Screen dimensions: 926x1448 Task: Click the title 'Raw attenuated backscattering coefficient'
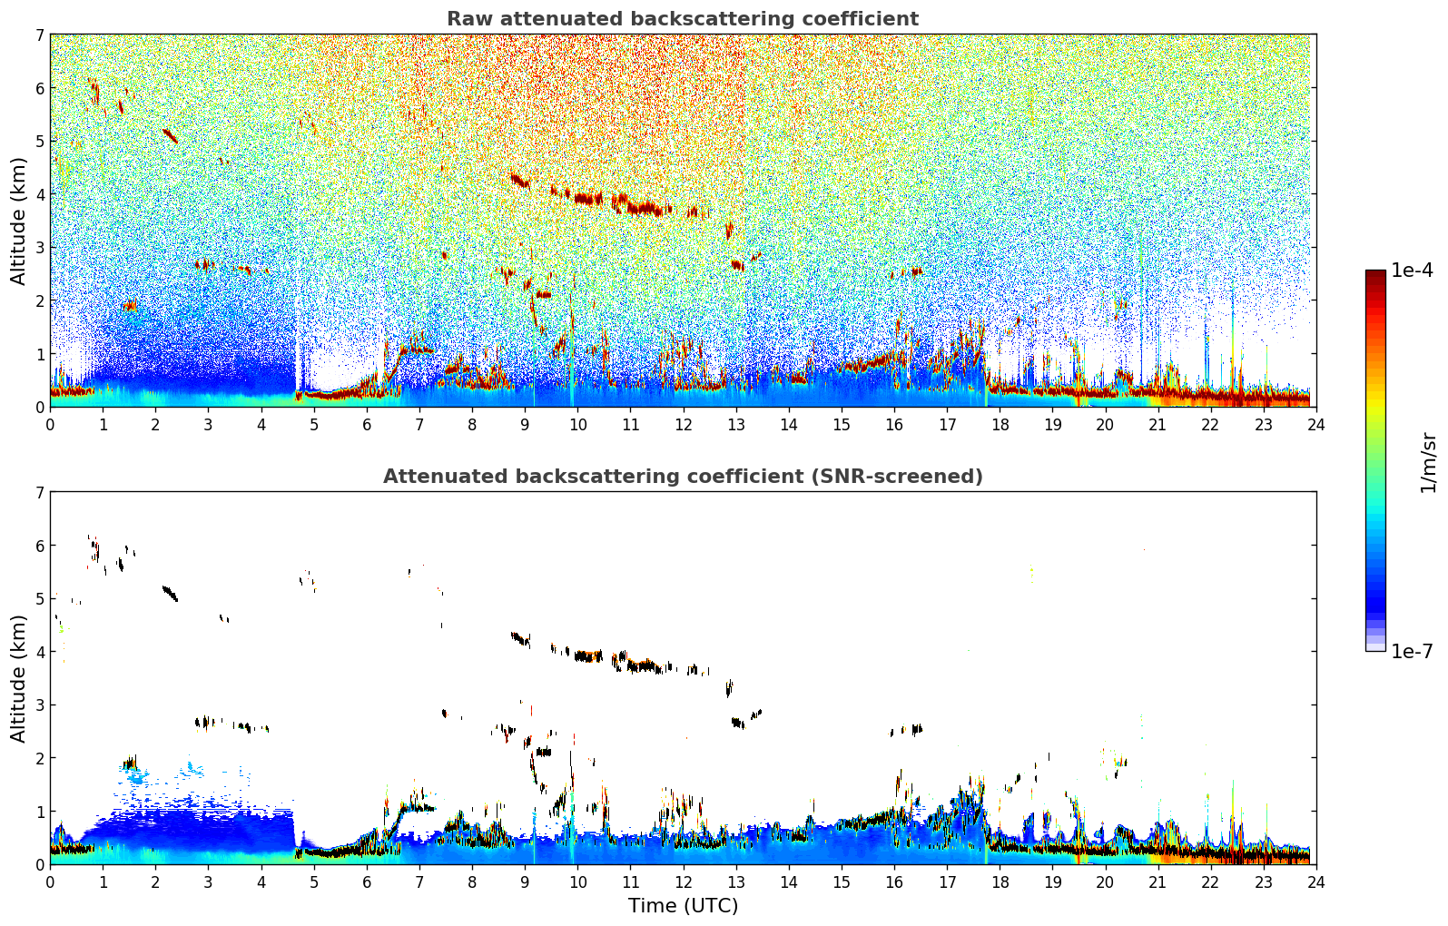coord(683,19)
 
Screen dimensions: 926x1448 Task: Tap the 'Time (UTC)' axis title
coord(683,905)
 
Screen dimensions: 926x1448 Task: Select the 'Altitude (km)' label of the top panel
coord(18,221)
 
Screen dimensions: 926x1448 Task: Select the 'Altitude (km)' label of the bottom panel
coord(18,678)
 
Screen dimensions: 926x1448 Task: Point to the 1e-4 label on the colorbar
coord(1412,271)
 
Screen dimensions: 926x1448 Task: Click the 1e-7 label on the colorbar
coord(1412,651)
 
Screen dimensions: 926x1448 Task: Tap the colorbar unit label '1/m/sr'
coord(1428,461)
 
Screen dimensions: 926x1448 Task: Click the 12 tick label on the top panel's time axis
coord(683,424)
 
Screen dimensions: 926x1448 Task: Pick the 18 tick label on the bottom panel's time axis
coord(1000,882)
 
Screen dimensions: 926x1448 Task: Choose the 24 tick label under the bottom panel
coord(1315,882)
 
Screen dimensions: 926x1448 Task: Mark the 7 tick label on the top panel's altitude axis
coord(39,35)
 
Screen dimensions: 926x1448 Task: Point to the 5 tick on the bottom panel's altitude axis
coord(39,599)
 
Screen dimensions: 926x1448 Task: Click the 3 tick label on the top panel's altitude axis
coord(39,248)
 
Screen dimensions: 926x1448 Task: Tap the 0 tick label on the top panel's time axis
coord(50,424)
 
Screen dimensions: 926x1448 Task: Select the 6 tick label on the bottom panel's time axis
coord(367,882)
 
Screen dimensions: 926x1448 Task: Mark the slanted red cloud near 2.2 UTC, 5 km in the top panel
coord(170,135)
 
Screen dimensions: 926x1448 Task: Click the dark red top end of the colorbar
coord(1374,274)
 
